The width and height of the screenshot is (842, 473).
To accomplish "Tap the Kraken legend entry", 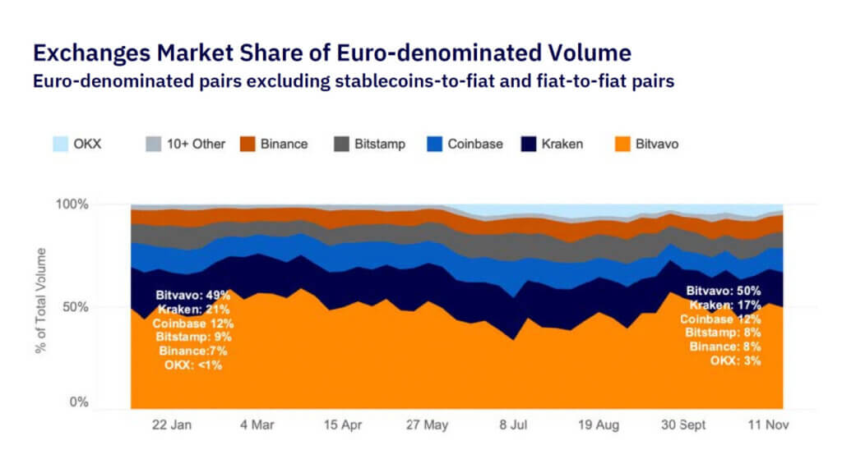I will (563, 144).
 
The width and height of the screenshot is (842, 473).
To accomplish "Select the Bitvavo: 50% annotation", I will (723, 291).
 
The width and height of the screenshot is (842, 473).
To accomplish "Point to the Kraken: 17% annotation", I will (724, 305).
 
